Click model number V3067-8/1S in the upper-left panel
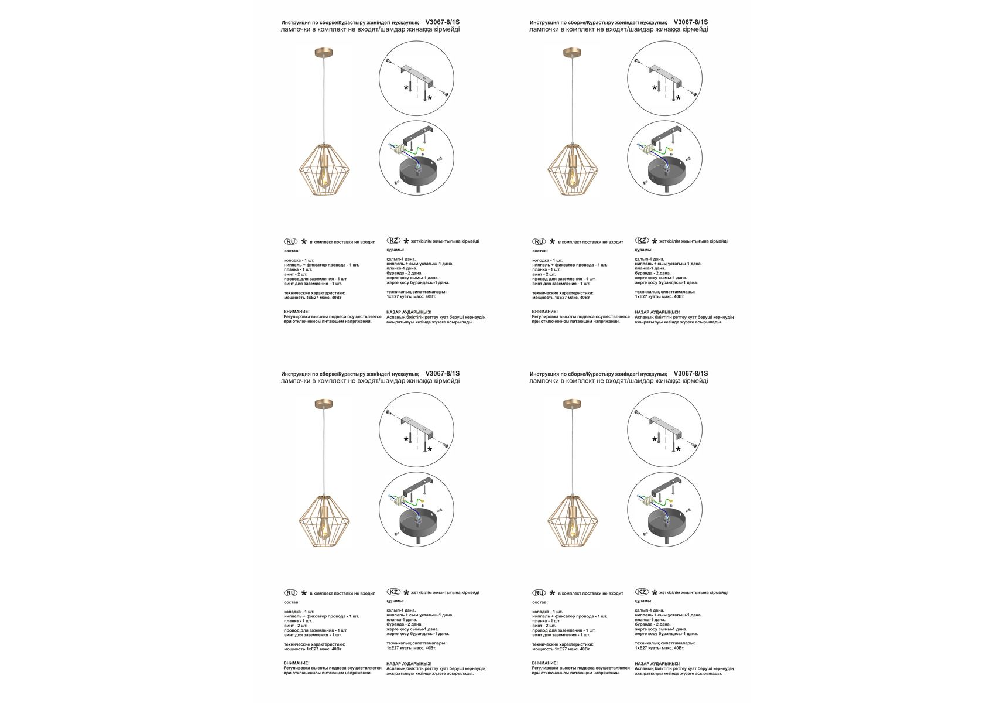(x=443, y=22)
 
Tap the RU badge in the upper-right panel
(x=539, y=241)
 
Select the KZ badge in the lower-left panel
(x=393, y=592)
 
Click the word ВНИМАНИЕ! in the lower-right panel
(x=544, y=663)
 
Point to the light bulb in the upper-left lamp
(x=323, y=174)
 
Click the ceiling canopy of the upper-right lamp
(x=571, y=53)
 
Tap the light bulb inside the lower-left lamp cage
(x=323, y=525)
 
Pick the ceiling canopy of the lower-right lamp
(x=571, y=404)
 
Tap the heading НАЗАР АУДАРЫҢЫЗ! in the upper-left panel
(x=409, y=312)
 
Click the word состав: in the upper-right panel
(x=540, y=251)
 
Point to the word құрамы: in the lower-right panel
(x=643, y=600)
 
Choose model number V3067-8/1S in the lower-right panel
(x=691, y=374)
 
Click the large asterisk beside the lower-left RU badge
(x=304, y=593)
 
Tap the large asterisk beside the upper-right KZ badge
(x=655, y=241)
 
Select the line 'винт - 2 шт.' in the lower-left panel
(x=296, y=626)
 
